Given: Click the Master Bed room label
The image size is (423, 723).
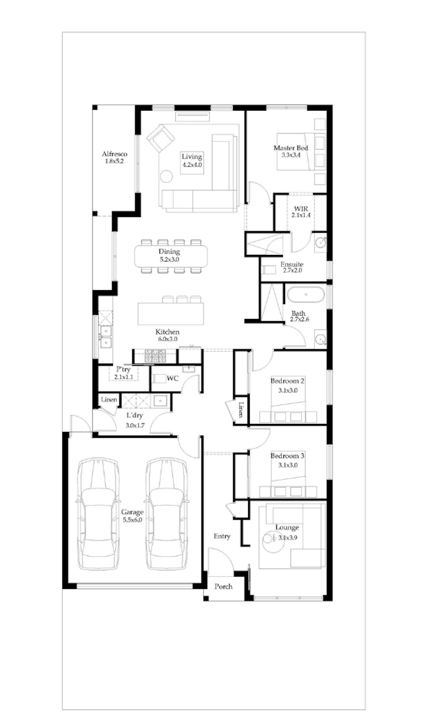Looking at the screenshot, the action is click(x=291, y=148).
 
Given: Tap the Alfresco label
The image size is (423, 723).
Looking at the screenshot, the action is click(x=114, y=154).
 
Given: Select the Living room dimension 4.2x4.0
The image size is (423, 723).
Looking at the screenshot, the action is click(x=192, y=165).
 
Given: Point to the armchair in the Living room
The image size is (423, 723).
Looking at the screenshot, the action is click(x=161, y=138).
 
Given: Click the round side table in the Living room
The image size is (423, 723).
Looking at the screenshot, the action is click(x=166, y=176).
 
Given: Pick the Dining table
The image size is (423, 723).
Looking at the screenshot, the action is click(x=171, y=256).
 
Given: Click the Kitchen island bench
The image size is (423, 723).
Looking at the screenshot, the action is click(x=171, y=314).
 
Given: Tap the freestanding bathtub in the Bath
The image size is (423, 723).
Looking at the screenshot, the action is click(x=306, y=295).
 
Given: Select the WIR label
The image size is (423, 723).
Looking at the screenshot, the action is click(x=301, y=209).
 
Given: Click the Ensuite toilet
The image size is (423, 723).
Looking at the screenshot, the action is click(x=269, y=270).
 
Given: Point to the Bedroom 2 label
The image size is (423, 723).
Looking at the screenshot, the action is click(x=287, y=381).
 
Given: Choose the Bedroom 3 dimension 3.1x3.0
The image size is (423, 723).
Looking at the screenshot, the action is click(x=288, y=465).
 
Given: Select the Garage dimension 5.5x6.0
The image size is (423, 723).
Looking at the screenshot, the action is click(x=132, y=520).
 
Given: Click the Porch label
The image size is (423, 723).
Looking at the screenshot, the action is click(x=224, y=586).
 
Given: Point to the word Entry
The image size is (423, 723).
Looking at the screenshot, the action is click(x=222, y=536).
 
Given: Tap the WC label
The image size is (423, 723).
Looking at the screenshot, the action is click(x=173, y=378).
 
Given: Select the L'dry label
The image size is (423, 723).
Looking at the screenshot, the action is click(x=135, y=415).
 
